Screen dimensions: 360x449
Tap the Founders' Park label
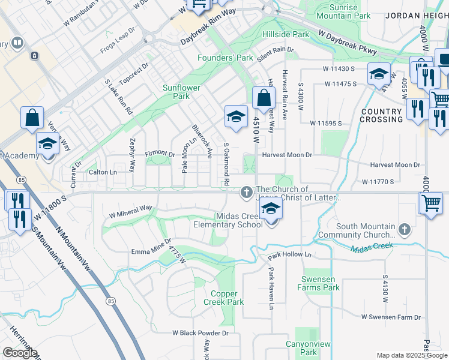[225, 58]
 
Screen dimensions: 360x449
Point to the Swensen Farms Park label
[318, 284]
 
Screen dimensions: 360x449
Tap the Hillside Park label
[286, 34]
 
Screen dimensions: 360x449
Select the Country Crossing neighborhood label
[381, 115]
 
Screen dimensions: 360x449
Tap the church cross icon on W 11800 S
[246, 193]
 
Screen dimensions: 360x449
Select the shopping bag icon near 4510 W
[264, 98]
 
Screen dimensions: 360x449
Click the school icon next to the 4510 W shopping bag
[237, 116]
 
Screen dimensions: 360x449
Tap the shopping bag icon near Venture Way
[32, 118]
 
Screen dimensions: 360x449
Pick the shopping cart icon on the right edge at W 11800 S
[431, 203]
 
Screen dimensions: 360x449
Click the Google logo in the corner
[20, 353]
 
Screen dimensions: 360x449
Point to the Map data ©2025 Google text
[411, 355]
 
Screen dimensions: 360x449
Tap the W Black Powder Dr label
[200, 332]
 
